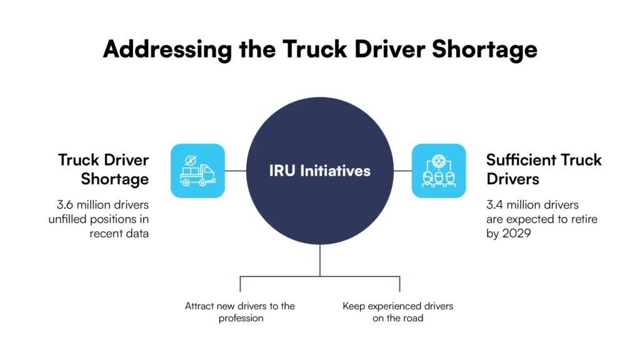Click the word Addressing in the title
coord(167,50)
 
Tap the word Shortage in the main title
coord(484,50)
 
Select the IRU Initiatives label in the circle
coord(319,171)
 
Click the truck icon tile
coord(197,171)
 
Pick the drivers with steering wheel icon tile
coord(439,171)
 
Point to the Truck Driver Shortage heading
coord(103,169)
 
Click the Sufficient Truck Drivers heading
coord(544,169)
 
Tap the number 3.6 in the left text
coord(65,204)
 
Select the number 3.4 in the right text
coord(494,204)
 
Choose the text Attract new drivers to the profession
coord(240,312)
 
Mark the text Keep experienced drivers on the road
coord(398,312)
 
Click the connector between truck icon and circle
coord(236,171)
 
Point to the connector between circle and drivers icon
coord(402,171)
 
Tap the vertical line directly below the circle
coord(320,261)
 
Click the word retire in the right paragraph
coord(584,219)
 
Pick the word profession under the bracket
coord(241,318)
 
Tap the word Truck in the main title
coord(315,49)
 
